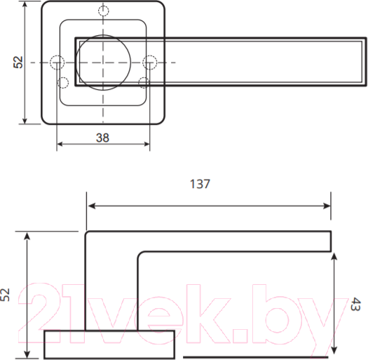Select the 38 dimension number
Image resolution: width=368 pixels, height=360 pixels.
coord(102,138)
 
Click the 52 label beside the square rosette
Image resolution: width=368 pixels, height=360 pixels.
coord(19,62)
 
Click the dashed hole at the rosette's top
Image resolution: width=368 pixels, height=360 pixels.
coord(104,11)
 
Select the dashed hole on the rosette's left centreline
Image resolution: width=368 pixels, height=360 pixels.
coord(56,62)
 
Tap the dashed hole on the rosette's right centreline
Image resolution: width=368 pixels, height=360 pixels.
coord(149,62)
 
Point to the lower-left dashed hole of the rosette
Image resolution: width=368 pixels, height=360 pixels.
coord(63,83)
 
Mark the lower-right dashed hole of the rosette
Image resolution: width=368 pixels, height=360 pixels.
coord(144,83)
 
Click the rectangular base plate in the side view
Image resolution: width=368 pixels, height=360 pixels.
coord(109,344)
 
